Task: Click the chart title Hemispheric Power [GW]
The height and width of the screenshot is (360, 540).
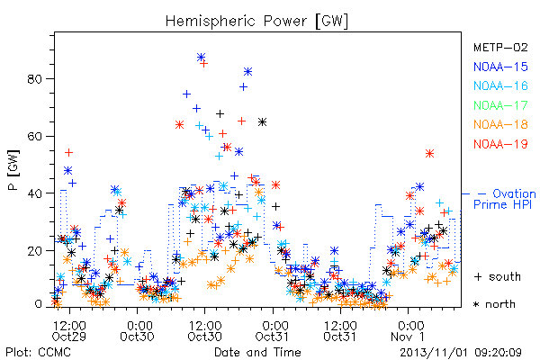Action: coord(256,21)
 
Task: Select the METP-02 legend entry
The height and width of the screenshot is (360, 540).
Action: coord(500,47)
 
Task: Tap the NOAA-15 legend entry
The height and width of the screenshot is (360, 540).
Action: coord(500,67)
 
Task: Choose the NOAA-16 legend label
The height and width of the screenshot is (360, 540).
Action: coord(500,85)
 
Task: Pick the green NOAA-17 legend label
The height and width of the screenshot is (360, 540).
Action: coord(500,105)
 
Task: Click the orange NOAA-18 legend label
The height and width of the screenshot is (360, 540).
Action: coord(500,124)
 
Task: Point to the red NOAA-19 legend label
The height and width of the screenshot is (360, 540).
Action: coord(500,144)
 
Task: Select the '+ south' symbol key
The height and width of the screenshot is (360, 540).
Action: coord(498,276)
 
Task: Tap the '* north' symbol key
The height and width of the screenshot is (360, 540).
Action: coord(494,304)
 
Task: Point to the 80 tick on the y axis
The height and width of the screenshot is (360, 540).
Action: coord(34,79)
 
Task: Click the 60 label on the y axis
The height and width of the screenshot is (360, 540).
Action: coord(34,137)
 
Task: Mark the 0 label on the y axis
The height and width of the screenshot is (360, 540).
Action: coord(38,304)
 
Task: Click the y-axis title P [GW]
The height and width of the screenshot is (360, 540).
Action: coord(13,170)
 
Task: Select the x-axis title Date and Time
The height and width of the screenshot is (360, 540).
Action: coord(257,353)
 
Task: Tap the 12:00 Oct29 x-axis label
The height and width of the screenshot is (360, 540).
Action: coord(69,331)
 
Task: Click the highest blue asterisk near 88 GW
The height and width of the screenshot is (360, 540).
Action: coord(201,57)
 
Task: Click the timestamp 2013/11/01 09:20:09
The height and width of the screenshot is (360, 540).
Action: coord(461,353)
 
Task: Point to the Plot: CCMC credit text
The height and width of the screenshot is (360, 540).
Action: coord(38,353)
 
